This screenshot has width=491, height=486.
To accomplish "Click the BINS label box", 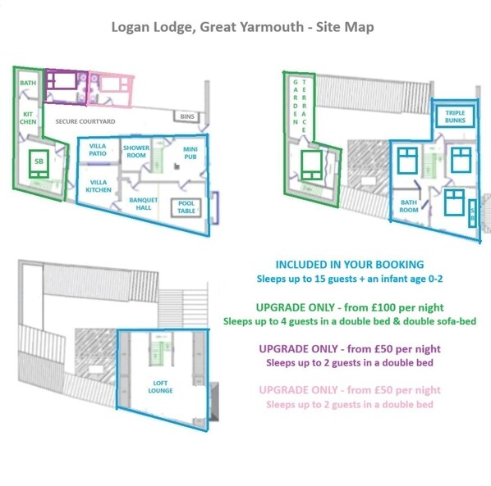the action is tap(187, 116).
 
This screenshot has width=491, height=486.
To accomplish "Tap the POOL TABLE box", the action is tap(186, 207).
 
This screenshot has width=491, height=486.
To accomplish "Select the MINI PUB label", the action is tap(190, 152).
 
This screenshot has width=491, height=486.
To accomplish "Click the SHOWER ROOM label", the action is tap(136, 152).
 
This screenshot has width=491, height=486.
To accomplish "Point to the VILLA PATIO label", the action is tap(98, 150).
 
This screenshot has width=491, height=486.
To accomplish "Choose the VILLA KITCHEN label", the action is tap(99, 186).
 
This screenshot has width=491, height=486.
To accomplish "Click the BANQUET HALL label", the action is tap(144, 204).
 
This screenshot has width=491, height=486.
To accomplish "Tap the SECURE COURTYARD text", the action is tap(85, 121).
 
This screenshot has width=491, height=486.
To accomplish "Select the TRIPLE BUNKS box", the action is tap(455, 116).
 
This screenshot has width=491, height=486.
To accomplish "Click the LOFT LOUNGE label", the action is tap(160, 387).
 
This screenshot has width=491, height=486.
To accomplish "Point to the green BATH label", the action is tap(28, 83).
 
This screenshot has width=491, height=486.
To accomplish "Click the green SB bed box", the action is tap(39, 164).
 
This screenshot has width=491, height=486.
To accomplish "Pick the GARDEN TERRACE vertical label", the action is tap(300, 107).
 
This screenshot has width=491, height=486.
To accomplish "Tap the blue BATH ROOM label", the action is tap(409, 207).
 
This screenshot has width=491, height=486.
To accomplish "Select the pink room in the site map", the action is tap(111, 89).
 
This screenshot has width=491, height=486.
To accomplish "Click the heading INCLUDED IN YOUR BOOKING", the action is tap(350, 265).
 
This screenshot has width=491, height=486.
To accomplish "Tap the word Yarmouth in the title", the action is tap(272, 27).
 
